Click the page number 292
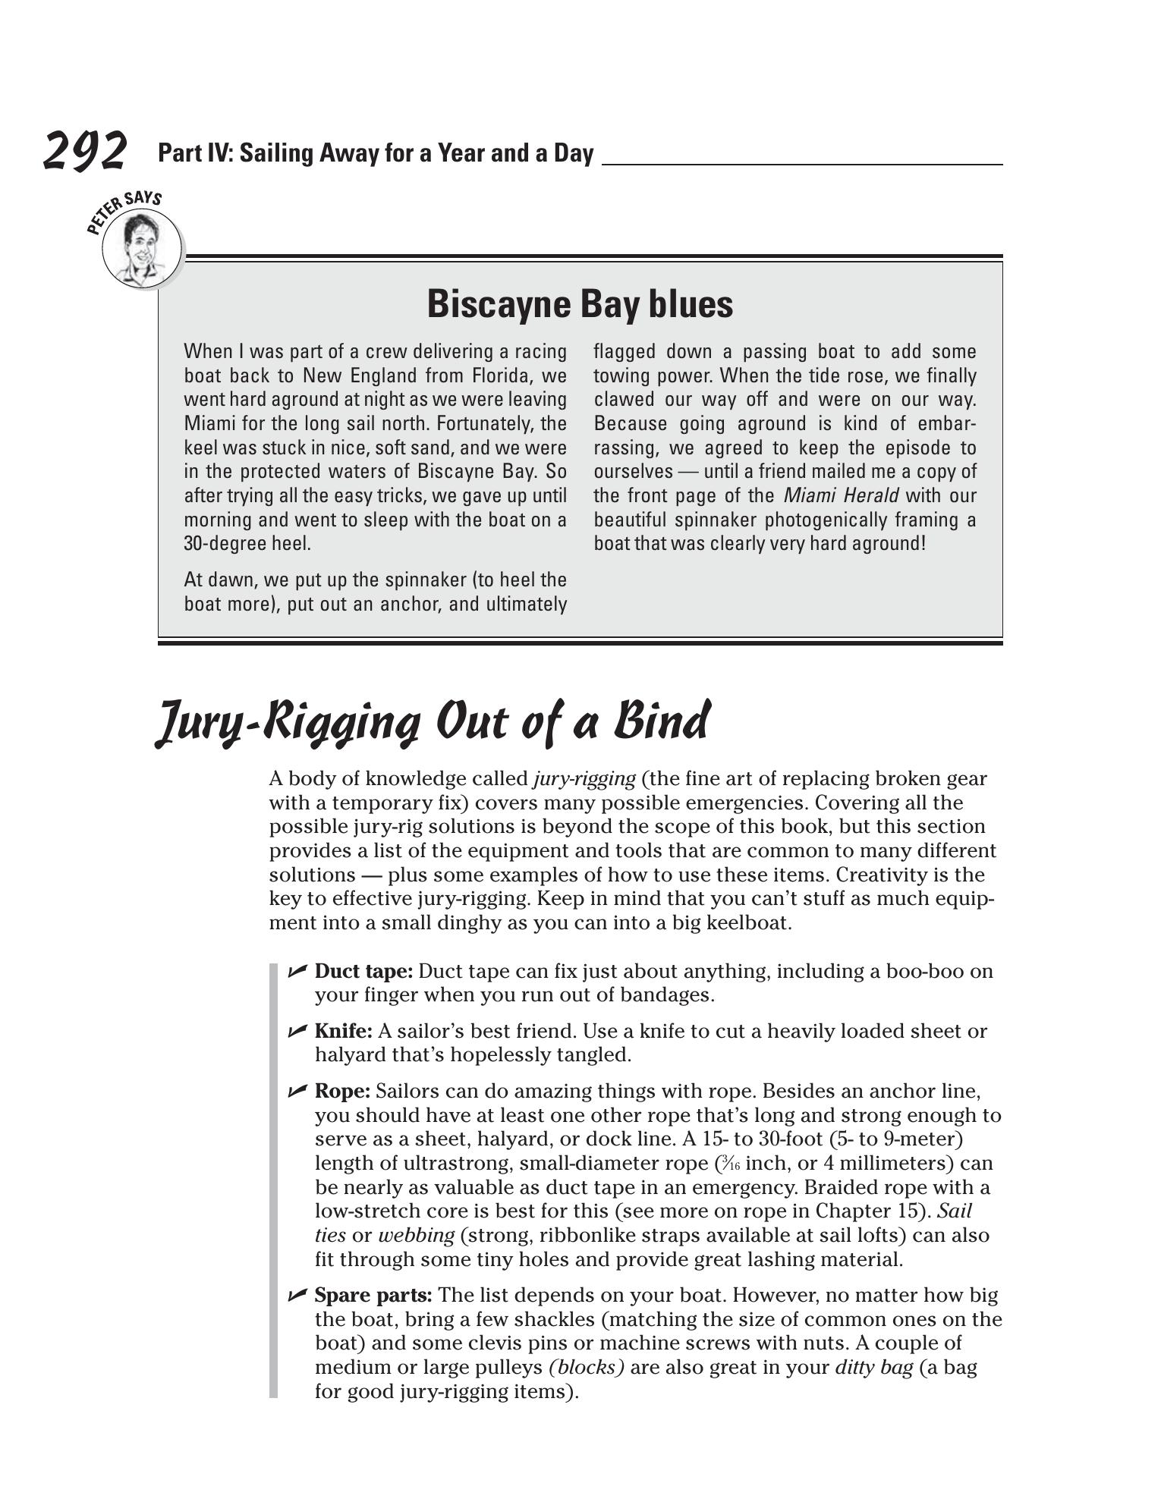tap(84, 151)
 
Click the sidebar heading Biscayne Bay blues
tap(580, 304)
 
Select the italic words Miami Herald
tap(841, 496)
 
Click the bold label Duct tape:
tap(363, 972)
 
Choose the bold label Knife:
tap(343, 1032)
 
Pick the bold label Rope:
tap(342, 1092)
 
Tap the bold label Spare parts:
tap(373, 1295)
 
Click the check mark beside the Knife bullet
tap(297, 1031)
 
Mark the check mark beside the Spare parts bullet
tap(297, 1295)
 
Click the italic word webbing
tap(416, 1235)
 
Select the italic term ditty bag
tap(873, 1367)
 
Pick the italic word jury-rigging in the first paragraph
tap(584, 779)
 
